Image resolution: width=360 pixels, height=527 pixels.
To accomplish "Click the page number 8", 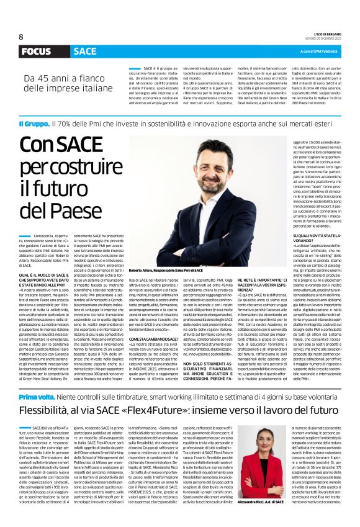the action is click(x=21, y=37).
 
